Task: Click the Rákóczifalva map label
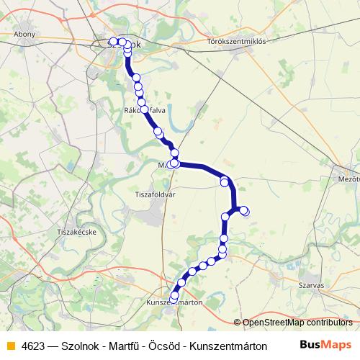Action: pos(146,110)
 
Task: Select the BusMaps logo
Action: pos(325,345)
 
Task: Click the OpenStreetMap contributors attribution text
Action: pos(295,322)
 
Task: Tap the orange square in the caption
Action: pos(9,346)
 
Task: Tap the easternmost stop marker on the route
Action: pos(245,211)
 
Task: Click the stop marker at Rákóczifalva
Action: pos(144,109)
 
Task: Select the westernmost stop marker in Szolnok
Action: pos(113,42)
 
